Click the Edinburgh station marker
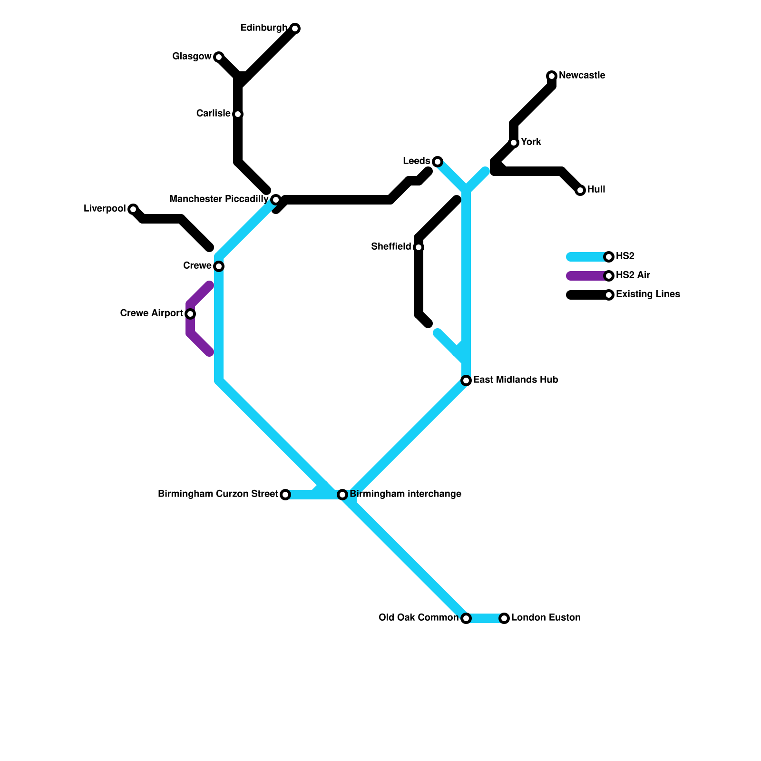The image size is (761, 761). pyautogui.click(x=295, y=29)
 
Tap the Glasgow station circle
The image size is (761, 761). pyautogui.click(x=219, y=57)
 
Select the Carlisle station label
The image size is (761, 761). pyautogui.click(x=213, y=114)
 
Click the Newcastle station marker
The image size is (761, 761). pyautogui.click(x=552, y=76)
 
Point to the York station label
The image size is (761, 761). pyautogui.click(x=531, y=142)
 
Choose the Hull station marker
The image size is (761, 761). pyautogui.click(x=580, y=191)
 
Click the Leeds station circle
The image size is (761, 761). pyautogui.click(x=438, y=162)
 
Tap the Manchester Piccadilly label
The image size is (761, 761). pyautogui.click(x=219, y=199)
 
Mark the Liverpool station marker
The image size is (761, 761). pyautogui.click(x=133, y=209)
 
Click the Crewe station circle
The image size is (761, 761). pyautogui.click(x=219, y=266)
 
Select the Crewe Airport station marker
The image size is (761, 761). pyautogui.click(x=190, y=314)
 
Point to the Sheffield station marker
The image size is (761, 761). pyautogui.click(x=419, y=247)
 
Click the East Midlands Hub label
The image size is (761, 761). pyautogui.click(x=516, y=380)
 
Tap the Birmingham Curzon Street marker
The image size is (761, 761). pyautogui.click(x=285, y=495)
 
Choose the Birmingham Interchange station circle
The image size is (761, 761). pyautogui.click(x=342, y=495)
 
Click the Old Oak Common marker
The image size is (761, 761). pyautogui.click(x=466, y=618)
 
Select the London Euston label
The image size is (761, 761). pyautogui.click(x=546, y=618)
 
